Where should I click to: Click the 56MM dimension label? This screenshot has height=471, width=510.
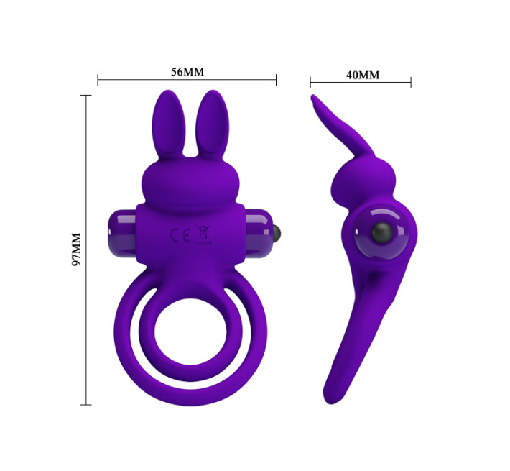point(187,72)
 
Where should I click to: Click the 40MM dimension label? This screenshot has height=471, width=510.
point(363,75)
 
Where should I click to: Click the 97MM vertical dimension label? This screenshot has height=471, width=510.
point(77,250)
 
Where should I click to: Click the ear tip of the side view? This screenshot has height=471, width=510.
point(313,98)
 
